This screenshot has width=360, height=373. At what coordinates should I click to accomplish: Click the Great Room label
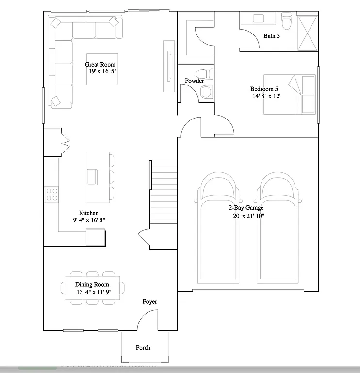click(x=100, y=64)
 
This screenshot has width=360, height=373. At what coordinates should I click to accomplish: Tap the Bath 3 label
click(x=271, y=36)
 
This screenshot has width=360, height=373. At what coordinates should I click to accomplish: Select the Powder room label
click(x=194, y=81)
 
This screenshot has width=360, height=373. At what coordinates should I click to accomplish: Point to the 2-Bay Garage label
click(x=246, y=208)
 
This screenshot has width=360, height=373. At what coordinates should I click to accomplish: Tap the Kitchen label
click(x=89, y=213)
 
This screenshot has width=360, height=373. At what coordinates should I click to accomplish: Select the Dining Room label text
click(x=92, y=285)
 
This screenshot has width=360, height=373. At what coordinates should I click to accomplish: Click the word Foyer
click(x=149, y=302)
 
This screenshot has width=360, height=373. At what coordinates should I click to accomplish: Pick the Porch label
click(x=143, y=347)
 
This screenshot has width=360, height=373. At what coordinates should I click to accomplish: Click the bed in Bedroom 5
click(x=290, y=94)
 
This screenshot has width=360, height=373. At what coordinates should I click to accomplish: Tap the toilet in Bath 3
click(x=286, y=21)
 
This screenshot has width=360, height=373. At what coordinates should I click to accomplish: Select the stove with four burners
click(x=52, y=194)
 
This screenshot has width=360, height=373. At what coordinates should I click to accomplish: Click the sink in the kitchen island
click(x=92, y=176)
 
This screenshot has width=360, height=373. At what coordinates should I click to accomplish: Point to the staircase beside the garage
click(x=163, y=192)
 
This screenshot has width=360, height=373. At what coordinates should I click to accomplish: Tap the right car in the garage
click(x=278, y=228)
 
